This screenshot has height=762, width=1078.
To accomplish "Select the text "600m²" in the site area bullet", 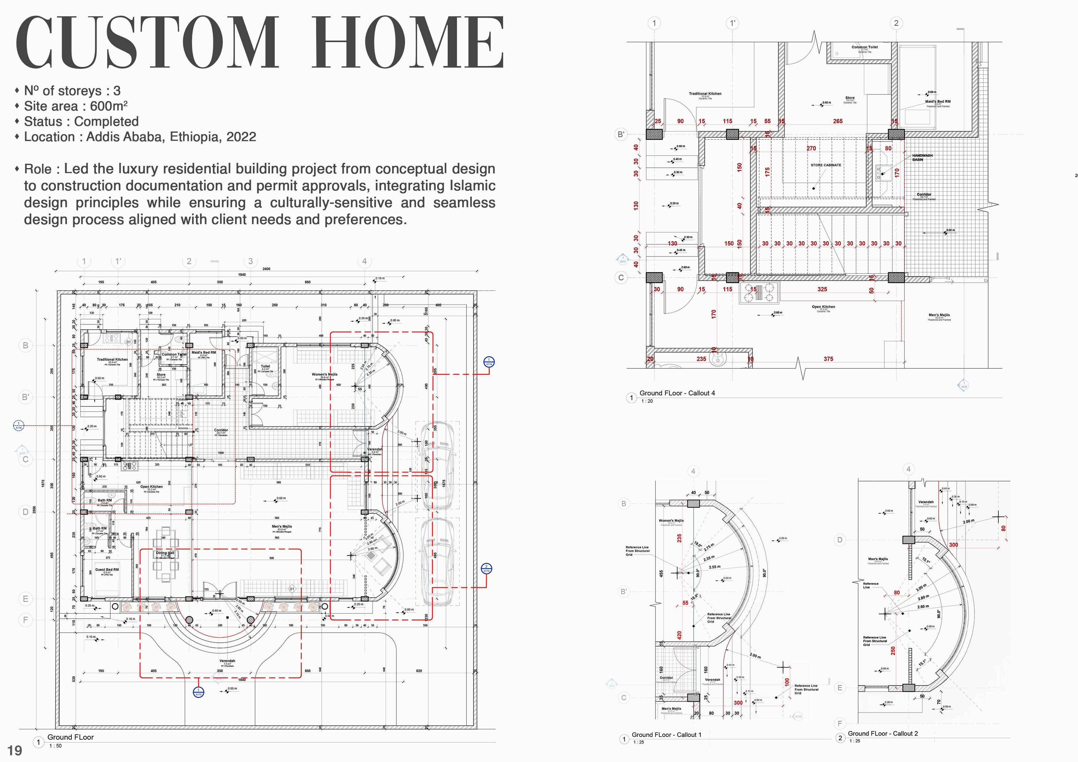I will pyautogui.click(x=109, y=106).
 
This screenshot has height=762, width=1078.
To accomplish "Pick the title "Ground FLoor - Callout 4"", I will pyautogui.click(x=677, y=393).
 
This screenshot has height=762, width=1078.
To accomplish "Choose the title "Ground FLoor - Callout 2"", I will pyautogui.click(x=882, y=733).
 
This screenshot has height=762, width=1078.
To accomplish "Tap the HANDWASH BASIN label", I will pyautogui.click(x=922, y=157).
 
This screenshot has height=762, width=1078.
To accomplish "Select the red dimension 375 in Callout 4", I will pyautogui.click(x=828, y=359).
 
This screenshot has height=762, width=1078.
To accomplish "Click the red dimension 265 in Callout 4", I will pyautogui.click(x=838, y=121).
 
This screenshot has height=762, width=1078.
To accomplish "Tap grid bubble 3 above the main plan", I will pyautogui.click(x=250, y=261).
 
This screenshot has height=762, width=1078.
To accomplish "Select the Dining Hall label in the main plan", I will pyautogui.click(x=165, y=553).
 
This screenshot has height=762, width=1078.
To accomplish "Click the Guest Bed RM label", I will pyautogui.click(x=107, y=570).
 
